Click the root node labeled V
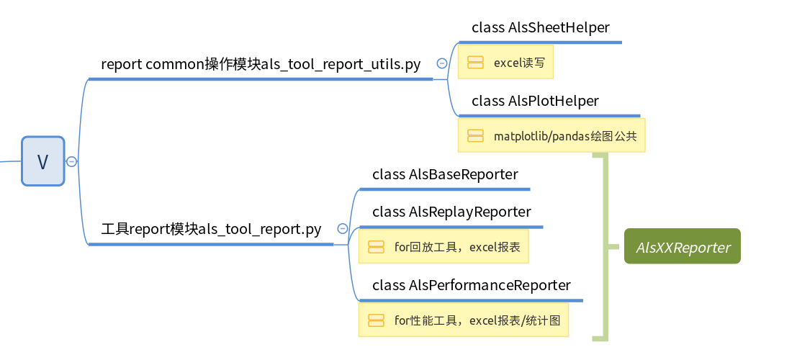point(42,161)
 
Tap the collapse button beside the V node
point(71,161)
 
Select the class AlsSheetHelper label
point(540,27)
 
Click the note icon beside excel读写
point(475,63)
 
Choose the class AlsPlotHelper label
point(535,101)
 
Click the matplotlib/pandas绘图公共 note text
point(565,135)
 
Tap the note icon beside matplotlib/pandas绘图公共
point(475,135)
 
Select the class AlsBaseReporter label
point(445,174)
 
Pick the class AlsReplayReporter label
point(451,212)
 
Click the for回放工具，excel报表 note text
point(457,247)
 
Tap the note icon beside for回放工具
point(376,247)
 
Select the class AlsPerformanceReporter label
point(471,285)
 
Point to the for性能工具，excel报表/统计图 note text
point(477,320)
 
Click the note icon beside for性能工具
point(376,320)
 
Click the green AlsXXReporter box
point(683,247)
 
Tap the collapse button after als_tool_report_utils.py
point(441,63)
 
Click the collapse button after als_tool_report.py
point(342,229)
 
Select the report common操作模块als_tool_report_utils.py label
point(261,64)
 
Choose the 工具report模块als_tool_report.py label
point(211,230)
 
